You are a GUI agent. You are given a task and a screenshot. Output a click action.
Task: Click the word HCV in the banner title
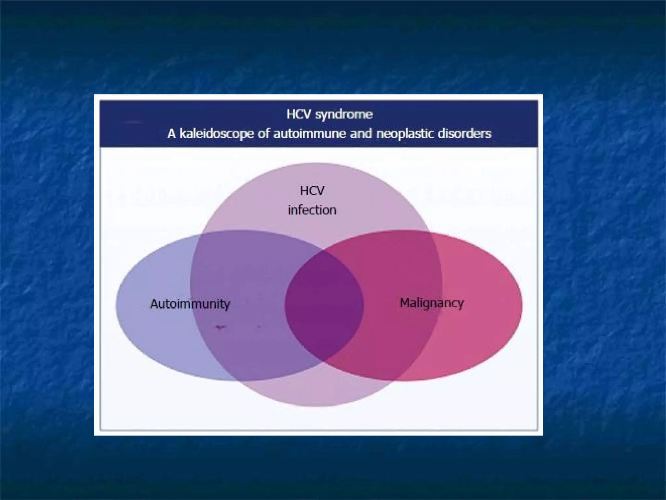click(299, 114)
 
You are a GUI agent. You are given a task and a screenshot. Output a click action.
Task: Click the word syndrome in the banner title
click(344, 115)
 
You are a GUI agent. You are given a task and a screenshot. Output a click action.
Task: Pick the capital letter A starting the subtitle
click(171, 133)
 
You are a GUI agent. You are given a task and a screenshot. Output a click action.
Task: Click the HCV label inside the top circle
click(312, 191)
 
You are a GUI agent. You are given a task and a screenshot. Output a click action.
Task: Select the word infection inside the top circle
click(312, 210)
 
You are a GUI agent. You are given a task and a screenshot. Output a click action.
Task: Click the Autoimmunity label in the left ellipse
click(190, 304)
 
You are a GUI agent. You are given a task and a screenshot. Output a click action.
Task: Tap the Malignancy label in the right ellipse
click(432, 303)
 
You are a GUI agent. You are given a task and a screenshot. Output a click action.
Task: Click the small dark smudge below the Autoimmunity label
click(220, 326)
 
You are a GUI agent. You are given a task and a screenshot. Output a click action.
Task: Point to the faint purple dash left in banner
click(133, 122)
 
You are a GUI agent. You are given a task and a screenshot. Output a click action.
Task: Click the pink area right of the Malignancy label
click(491, 304)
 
